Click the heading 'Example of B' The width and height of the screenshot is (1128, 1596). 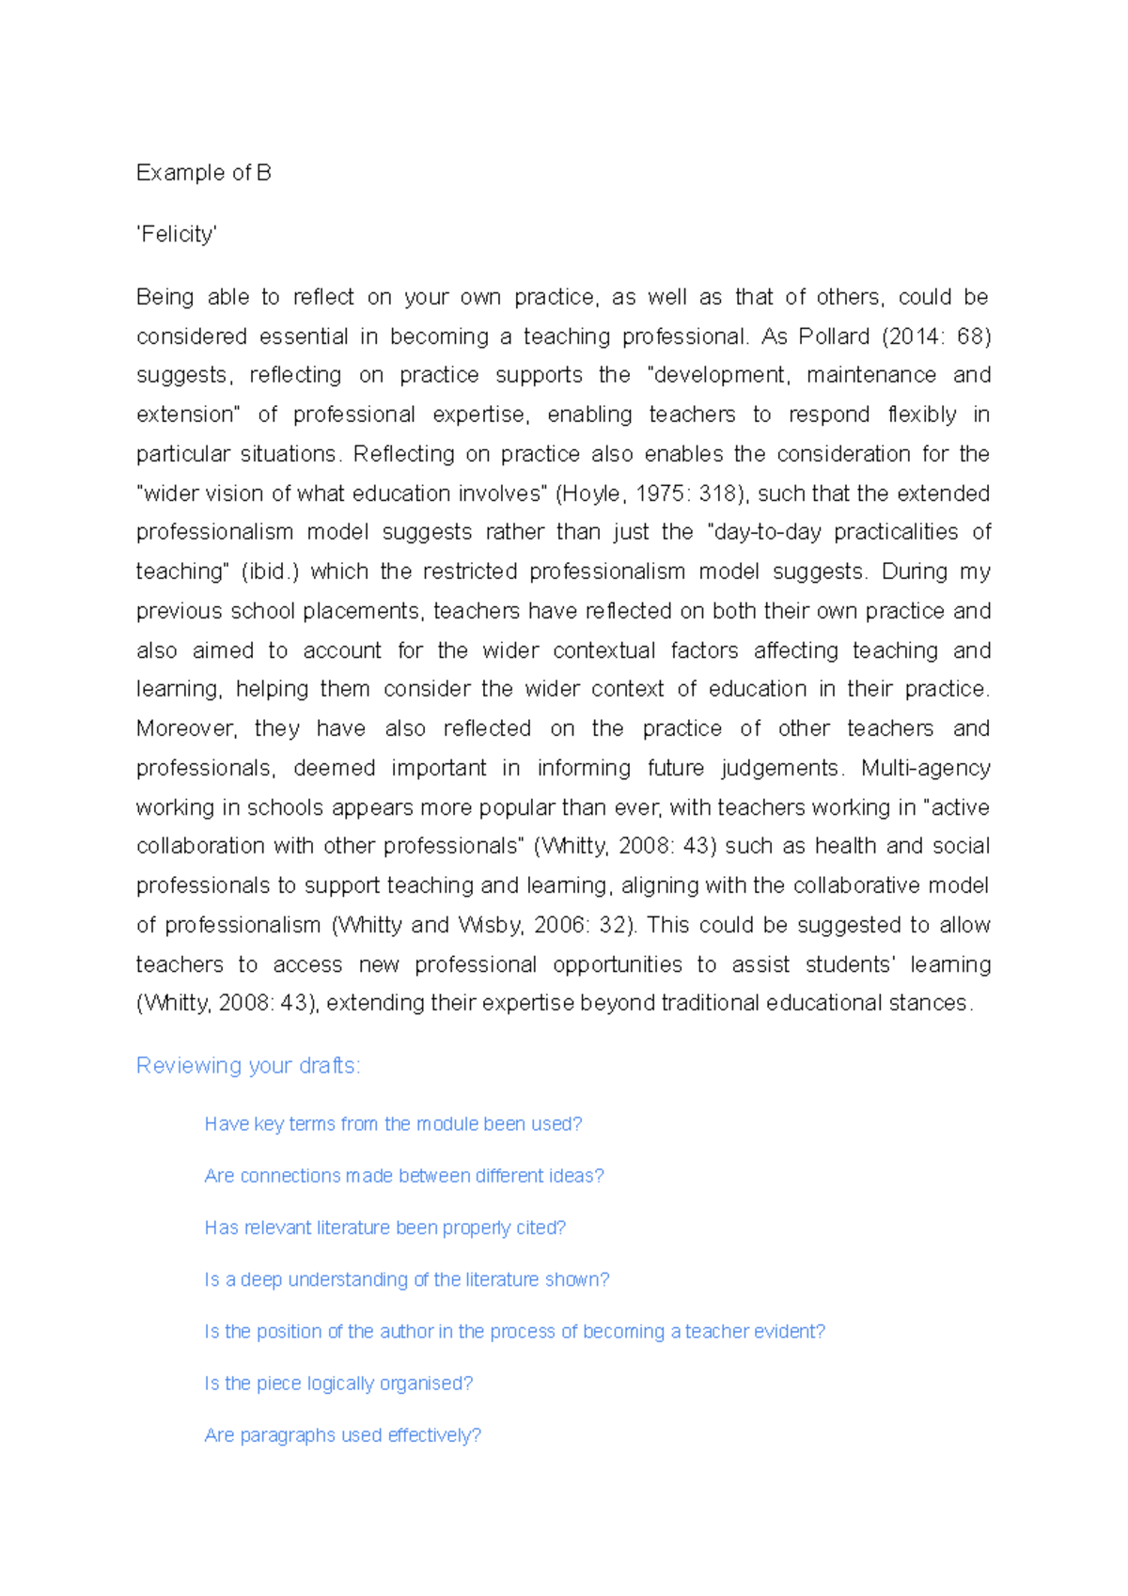coord(203,173)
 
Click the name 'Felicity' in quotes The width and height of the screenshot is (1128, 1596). coord(177,234)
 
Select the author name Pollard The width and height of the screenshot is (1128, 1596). coord(834,336)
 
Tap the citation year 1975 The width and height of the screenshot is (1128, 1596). coord(663,493)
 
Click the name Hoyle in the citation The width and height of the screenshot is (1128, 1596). coord(591,493)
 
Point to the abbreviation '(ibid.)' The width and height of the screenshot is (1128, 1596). coord(270,571)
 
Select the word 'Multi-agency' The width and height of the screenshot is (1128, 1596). coord(925,768)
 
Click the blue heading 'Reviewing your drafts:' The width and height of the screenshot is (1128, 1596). coord(248,1066)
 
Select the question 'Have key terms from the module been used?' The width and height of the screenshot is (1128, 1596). coord(393,1124)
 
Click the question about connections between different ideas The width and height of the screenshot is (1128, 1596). coord(403,1176)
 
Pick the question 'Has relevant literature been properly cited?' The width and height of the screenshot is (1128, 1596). coord(384,1228)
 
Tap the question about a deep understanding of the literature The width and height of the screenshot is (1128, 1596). coord(406,1279)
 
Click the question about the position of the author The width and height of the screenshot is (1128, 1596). coord(514,1331)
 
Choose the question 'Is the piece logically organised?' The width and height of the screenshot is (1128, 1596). coord(338,1384)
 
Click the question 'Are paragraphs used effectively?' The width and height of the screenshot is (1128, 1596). coord(342,1435)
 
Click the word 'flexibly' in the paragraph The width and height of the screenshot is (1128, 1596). coord(922,415)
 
